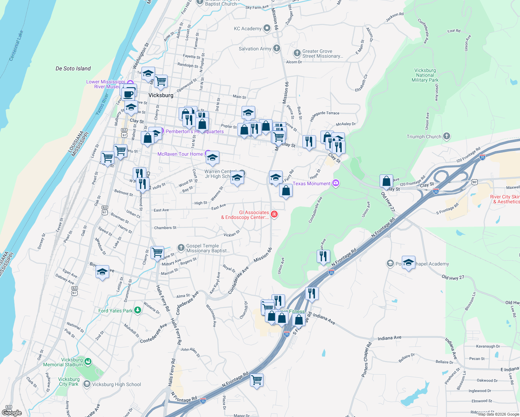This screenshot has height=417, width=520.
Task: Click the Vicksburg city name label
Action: (x=161, y=95)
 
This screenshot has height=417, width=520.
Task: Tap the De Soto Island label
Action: (x=73, y=68)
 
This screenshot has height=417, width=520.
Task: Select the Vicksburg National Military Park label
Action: (x=425, y=75)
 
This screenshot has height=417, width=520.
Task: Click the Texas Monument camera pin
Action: (x=335, y=183)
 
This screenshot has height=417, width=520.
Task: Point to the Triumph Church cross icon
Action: (x=447, y=136)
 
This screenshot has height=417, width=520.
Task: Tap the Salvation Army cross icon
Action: (x=276, y=48)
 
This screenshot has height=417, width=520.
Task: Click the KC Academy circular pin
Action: (x=267, y=28)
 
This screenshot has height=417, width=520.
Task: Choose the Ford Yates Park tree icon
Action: (x=138, y=310)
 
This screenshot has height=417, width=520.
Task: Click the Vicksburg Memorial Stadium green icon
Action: (x=88, y=362)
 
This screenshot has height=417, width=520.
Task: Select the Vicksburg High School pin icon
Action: (x=87, y=384)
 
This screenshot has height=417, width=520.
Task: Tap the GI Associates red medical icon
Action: (x=274, y=214)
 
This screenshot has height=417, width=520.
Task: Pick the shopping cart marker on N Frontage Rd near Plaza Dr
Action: (x=257, y=380)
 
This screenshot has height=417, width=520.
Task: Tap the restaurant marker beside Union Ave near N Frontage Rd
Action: (x=323, y=256)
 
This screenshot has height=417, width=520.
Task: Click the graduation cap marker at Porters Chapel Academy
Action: (x=408, y=262)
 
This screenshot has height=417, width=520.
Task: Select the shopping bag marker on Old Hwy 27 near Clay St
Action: (x=386, y=181)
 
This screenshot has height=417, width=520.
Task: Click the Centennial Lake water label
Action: (x=16, y=46)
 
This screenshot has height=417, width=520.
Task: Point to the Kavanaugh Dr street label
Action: (x=488, y=346)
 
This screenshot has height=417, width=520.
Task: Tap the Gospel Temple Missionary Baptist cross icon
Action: (x=181, y=247)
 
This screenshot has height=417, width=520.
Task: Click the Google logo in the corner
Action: (x=11, y=412)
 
